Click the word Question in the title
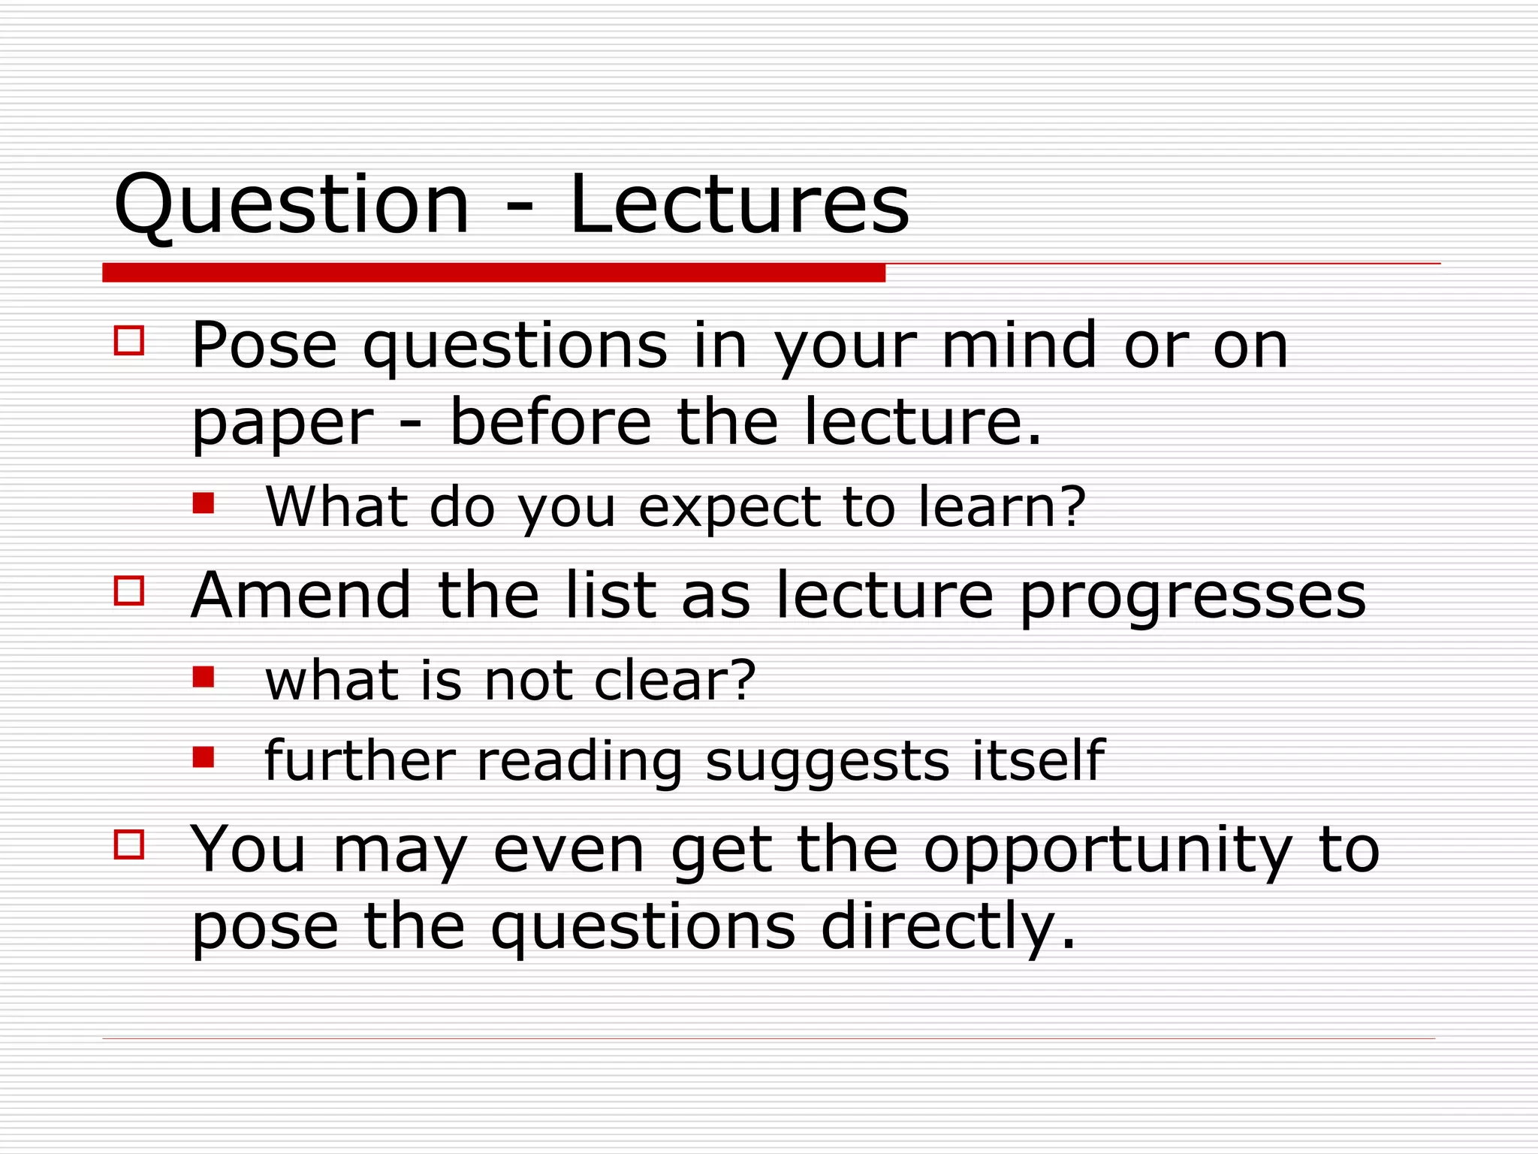coord(291,204)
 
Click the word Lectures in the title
coord(739,204)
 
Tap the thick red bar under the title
coord(493,273)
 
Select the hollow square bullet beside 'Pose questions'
coord(129,340)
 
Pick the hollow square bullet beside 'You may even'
coord(129,844)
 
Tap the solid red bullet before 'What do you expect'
coord(204,503)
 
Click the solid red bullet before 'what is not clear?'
coord(204,677)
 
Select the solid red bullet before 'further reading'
coord(204,757)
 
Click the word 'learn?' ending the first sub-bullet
coord(1003,507)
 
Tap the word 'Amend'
coord(301,595)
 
